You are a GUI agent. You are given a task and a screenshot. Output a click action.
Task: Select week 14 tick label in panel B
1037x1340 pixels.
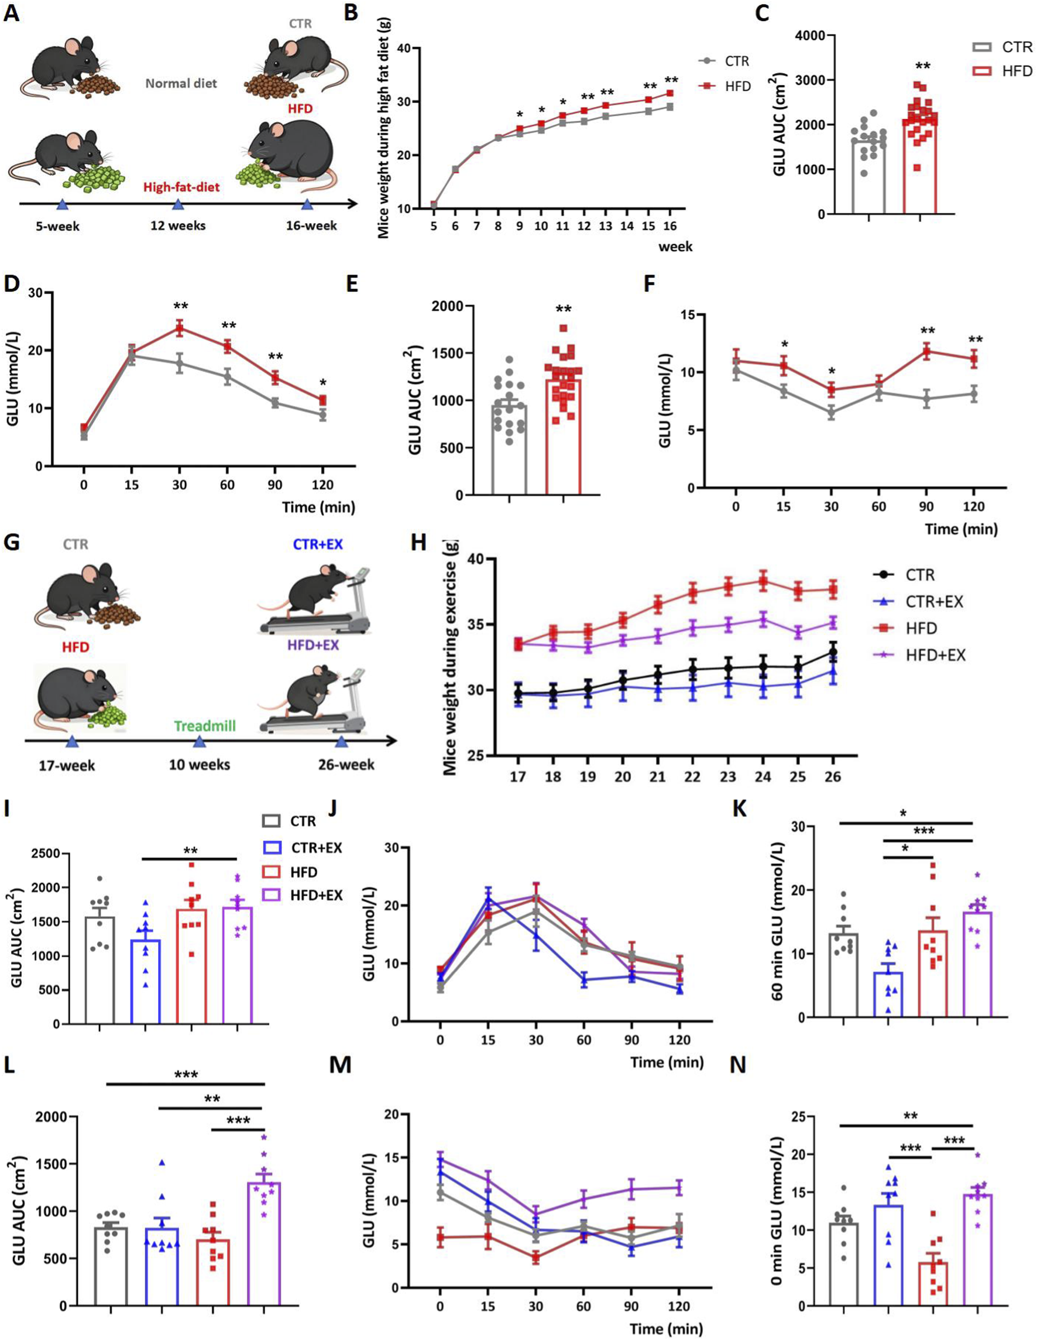point(627,226)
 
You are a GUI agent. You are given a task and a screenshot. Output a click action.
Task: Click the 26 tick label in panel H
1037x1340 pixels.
point(832,777)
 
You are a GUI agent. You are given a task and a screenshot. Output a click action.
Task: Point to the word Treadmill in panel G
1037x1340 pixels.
point(205,726)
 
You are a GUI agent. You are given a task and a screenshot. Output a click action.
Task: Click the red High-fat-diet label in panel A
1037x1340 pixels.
point(181,187)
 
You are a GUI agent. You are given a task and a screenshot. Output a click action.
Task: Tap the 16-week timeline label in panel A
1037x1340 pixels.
point(311,226)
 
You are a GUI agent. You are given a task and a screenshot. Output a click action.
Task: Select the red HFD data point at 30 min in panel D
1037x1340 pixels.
point(180,328)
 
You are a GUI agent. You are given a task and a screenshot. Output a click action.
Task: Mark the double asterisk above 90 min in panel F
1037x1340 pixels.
point(926,331)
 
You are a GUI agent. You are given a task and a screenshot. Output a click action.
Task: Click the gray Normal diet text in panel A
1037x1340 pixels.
point(181,84)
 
